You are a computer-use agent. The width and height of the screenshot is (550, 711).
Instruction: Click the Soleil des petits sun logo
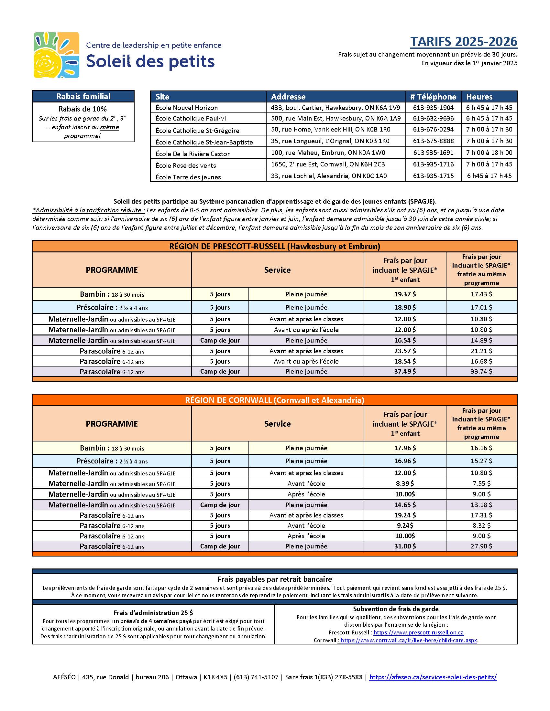(56, 55)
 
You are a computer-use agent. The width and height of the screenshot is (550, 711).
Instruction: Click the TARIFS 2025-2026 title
(463, 42)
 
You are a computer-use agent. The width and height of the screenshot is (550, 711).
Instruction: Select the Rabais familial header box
(83, 96)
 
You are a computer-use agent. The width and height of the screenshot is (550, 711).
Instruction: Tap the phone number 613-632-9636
(433, 118)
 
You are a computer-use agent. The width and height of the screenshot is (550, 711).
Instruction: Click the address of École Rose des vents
(328, 164)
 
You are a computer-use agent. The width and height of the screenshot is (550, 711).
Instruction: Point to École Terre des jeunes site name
(188, 177)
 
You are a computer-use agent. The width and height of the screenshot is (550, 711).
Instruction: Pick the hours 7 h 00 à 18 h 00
(489, 152)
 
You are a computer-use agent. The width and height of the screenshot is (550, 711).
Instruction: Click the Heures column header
(479, 97)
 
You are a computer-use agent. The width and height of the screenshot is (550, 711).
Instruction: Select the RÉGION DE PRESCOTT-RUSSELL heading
(274, 246)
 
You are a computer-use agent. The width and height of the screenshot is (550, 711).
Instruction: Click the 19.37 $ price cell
(405, 294)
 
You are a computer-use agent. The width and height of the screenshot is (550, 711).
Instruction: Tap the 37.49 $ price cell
(405, 371)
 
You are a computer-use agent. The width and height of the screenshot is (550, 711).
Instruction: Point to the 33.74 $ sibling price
(481, 371)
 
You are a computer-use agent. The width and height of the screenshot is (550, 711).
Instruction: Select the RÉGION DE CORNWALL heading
(274, 400)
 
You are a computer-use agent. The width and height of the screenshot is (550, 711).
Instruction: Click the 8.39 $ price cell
(405, 483)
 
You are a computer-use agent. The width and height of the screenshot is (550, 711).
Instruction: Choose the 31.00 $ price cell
(405, 546)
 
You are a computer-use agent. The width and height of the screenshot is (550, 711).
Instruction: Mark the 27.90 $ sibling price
(481, 546)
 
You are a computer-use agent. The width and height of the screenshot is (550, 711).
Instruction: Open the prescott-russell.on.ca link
(418, 632)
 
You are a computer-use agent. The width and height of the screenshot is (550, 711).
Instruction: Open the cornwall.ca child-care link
(409, 640)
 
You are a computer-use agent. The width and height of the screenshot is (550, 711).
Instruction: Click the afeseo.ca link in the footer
(433, 677)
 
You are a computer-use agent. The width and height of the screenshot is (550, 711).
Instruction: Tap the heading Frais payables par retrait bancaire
(274, 579)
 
